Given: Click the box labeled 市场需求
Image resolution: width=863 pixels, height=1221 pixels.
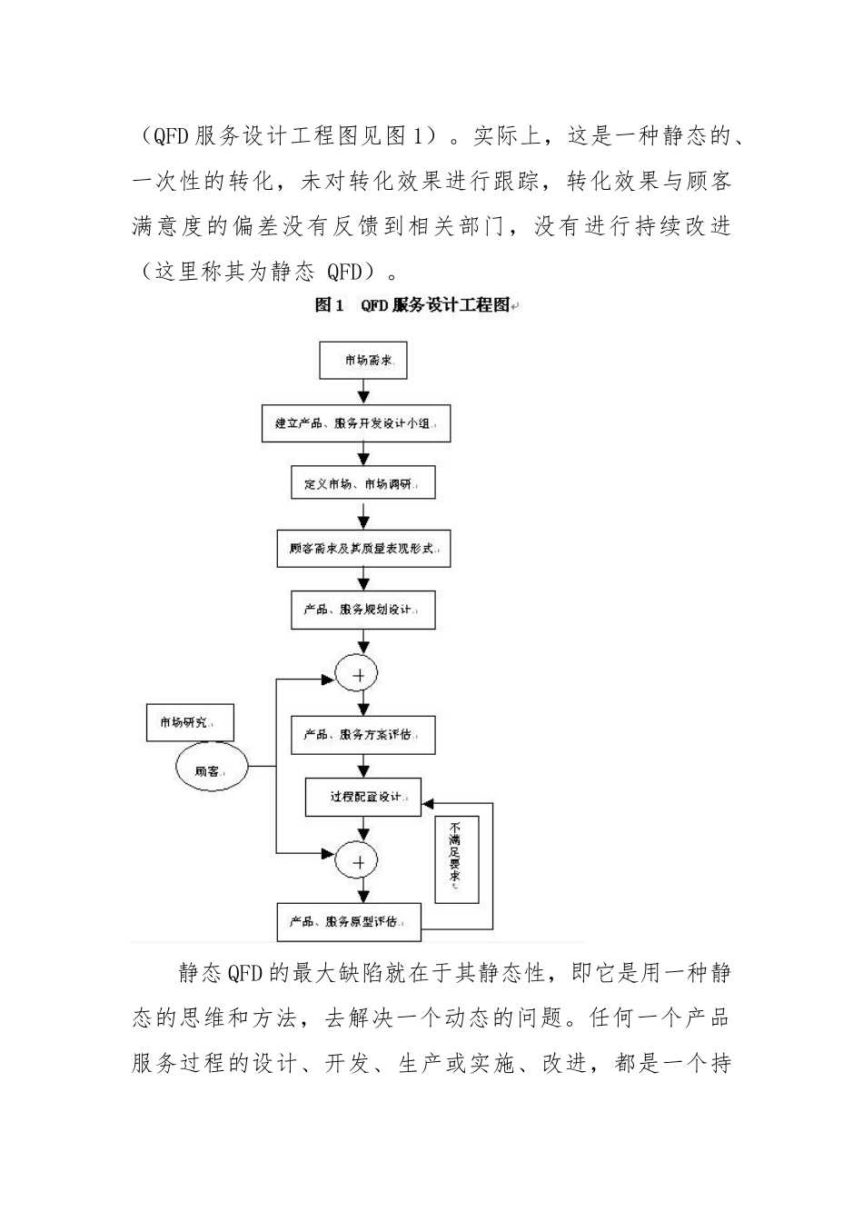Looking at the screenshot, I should pos(362,361).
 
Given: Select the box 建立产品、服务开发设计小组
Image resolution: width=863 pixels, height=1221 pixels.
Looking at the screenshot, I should pos(356,422).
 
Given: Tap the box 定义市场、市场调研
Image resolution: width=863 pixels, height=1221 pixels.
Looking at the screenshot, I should pos(363,482).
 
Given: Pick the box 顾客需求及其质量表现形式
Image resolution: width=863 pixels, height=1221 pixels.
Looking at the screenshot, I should pos(363,550).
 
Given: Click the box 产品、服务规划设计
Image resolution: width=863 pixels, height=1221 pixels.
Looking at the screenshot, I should pos(363,610).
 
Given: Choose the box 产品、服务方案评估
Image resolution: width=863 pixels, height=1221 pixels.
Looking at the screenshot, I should pos(363,734).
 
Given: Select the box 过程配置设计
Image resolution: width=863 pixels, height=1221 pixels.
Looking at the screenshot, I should pos(363,798).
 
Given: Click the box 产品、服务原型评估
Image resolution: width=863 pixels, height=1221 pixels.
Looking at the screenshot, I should pos(350,921).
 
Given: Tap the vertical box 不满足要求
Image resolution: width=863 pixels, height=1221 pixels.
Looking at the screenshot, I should pos(456,859).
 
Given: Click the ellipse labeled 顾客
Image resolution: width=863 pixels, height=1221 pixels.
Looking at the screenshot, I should pos(211,769).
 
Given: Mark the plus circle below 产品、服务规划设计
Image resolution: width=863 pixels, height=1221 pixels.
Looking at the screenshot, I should pos(356,674).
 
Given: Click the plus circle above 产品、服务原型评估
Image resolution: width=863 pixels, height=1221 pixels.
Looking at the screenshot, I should pos(356,859).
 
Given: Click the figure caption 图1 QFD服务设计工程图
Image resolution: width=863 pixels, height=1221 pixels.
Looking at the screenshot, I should pos(413,305).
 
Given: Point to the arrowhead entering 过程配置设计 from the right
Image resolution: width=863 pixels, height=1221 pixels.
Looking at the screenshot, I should pos(428,803).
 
